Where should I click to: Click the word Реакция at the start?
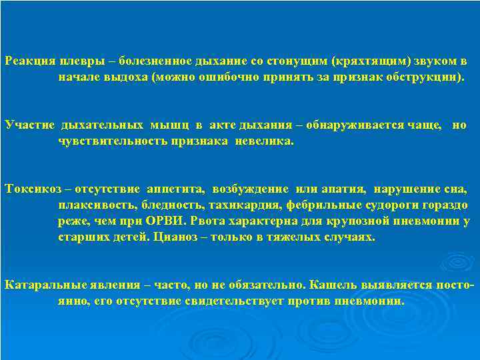click(29, 61)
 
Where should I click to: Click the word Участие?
click(29, 125)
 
